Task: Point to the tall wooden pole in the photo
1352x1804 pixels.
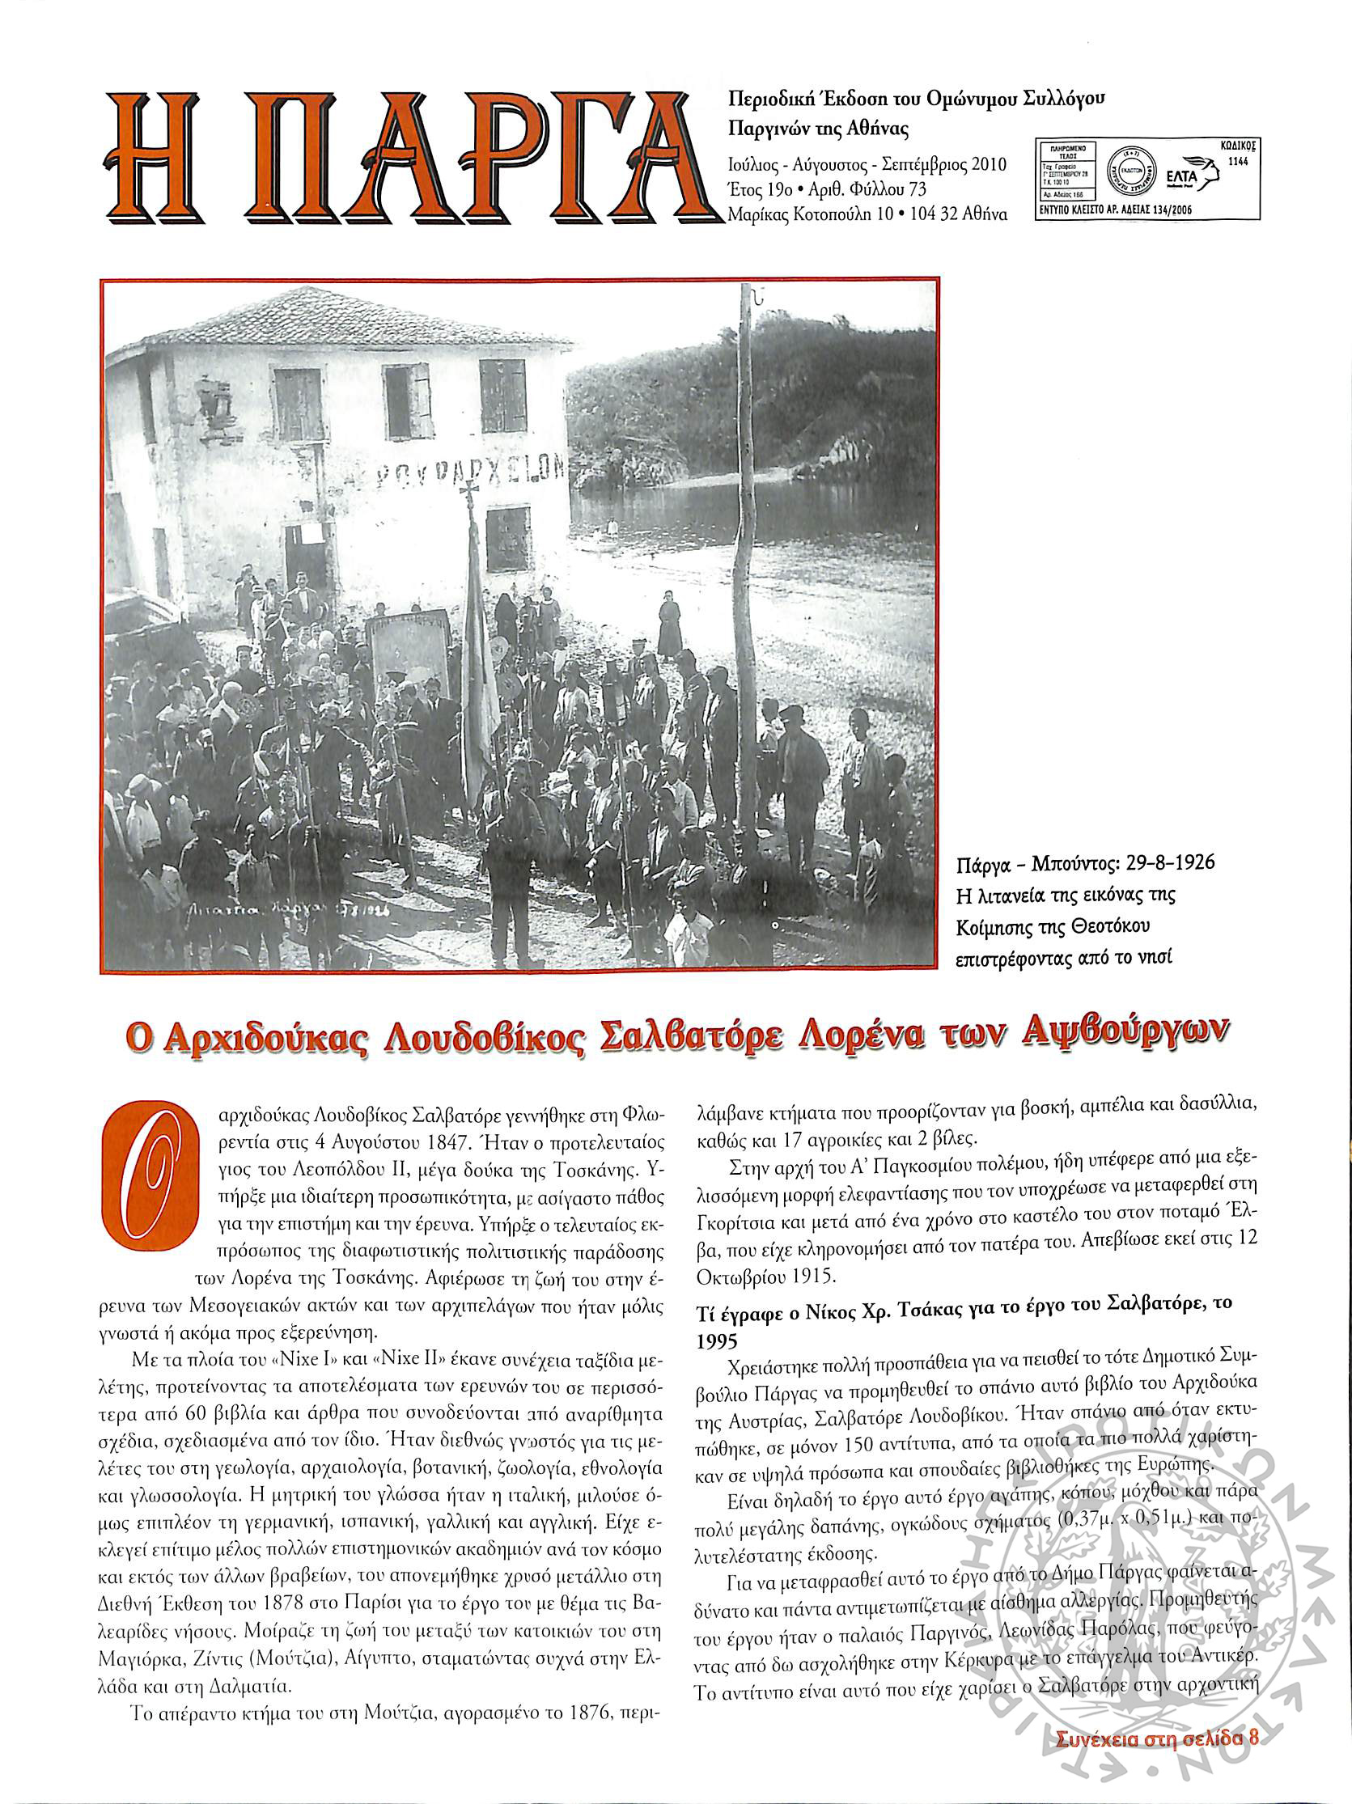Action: pyautogui.click(x=745, y=571)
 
